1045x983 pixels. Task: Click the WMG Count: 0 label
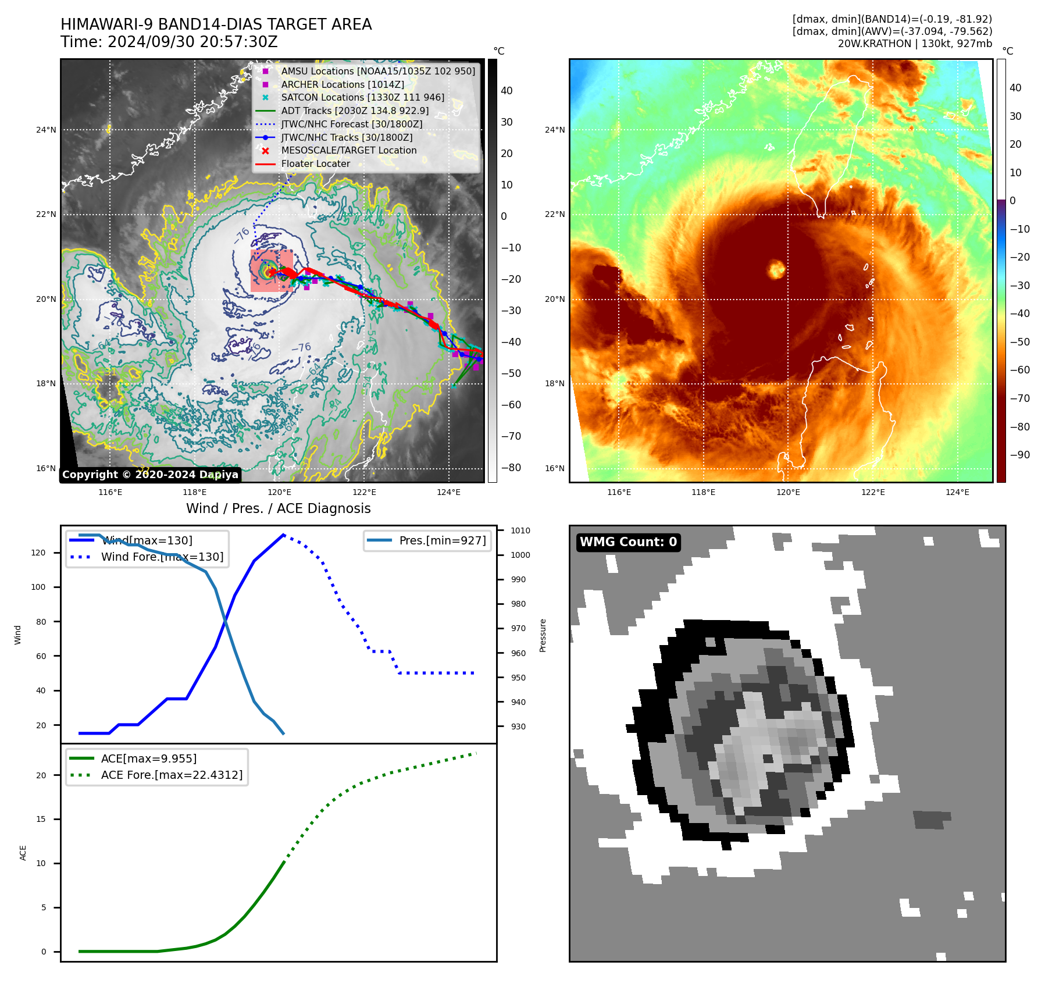click(x=628, y=542)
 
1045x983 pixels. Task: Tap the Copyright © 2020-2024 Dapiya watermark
click(x=150, y=475)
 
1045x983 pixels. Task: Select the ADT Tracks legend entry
click(x=355, y=111)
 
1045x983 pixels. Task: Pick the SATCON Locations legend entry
click(x=362, y=97)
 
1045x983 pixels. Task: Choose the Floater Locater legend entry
click(x=316, y=163)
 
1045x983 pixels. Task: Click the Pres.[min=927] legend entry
click(x=442, y=540)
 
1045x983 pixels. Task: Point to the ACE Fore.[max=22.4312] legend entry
click(x=172, y=775)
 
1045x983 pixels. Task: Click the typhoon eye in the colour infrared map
click(x=776, y=269)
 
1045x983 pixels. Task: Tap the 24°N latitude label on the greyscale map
click(x=46, y=130)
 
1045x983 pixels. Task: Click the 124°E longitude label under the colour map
click(x=957, y=492)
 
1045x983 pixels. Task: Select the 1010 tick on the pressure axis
click(x=520, y=530)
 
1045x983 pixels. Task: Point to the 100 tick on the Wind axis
click(x=38, y=587)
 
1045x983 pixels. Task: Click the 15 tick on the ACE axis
click(x=41, y=819)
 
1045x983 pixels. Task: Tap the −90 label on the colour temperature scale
click(x=1019, y=455)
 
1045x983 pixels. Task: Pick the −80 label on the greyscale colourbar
click(x=511, y=468)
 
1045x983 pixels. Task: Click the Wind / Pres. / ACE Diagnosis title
click(x=278, y=508)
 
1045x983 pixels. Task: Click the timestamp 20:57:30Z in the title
click(x=238, y=42)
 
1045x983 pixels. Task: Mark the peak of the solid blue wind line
click(x=283, y=535)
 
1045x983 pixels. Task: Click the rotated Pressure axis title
click(x=543, y=635)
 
